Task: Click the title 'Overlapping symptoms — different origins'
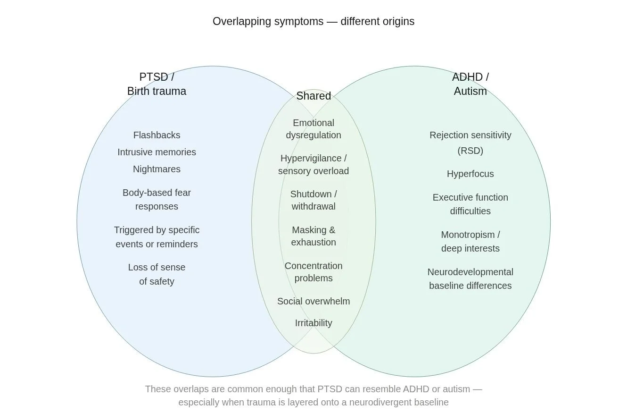(x=313, y=21)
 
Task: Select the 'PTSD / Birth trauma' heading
(x=157, y=84)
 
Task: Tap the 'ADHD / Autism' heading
(x=470, y=84)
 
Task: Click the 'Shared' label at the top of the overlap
(x=314, y=96)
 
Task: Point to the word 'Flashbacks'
(x=157, y=135)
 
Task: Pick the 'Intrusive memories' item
(x=157, y=152)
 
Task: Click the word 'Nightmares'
(x=157, y=169)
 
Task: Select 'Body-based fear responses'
(x=157, y=199)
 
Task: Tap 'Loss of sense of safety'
(x=157, y=274)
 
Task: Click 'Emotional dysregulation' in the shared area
(x=314, y=129)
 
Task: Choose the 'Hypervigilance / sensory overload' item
(x=314, y=164)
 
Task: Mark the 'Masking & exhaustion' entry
(x=314, y=236)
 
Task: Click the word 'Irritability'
(x=314, y=323)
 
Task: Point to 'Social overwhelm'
(x=314, y=301)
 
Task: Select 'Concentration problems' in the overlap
(x=314, y=272)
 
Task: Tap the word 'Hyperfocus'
(x=470, y=174)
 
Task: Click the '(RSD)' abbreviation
(x=470, y=151)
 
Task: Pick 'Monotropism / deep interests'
(x=470, y=241)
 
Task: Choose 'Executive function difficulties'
(x=470, y=204)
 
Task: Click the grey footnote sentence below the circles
(x=313, y=396)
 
